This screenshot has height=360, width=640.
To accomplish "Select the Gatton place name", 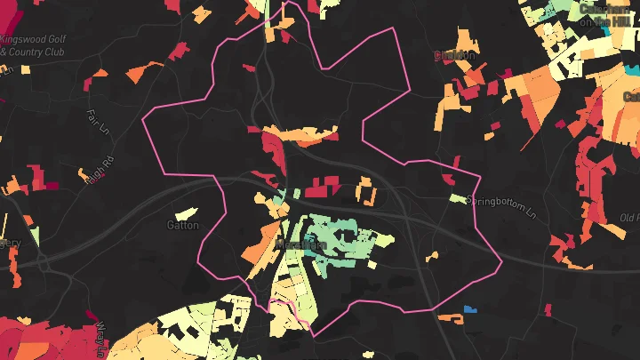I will [x=182, y=225].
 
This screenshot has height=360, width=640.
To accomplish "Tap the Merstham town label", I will [x=301, y=244].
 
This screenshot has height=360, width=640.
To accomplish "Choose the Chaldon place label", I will [x=455, y=55].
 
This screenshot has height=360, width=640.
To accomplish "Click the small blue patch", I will [x=470, y=308].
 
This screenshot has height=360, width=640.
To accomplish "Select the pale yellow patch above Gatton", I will [x=186, y=213].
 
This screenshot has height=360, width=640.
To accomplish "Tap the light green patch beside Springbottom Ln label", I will [x=457, y=198].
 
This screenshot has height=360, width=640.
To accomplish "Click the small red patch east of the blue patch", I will [x=548, y=309].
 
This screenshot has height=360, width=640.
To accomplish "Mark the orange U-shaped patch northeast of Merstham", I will [x=365, y=191].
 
